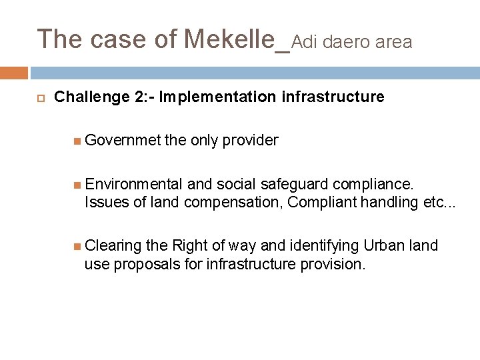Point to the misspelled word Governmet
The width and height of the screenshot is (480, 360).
[123, 140]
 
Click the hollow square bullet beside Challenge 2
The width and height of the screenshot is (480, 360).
[39, 98]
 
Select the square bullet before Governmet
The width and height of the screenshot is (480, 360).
[78, 141]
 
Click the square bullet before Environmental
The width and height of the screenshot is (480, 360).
[78, 184]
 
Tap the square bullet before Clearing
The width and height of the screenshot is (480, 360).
[78, 247]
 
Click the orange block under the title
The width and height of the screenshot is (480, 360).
[13, 73]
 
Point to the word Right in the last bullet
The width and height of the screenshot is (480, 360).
[190, 246]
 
